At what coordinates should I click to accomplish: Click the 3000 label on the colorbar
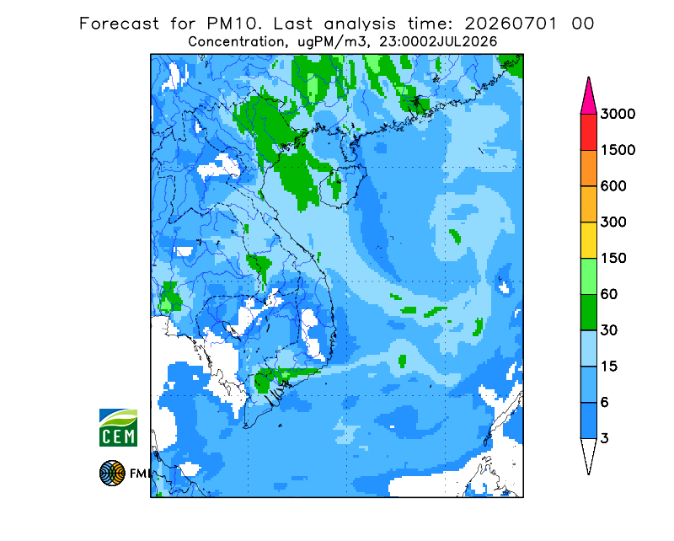pos(618,114)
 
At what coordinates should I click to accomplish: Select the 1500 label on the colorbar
pos(618,150)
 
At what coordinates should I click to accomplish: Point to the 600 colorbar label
pos(613,186)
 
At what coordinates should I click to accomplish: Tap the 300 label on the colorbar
pos(613,222)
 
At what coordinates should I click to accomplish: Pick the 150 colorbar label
pos(613,259)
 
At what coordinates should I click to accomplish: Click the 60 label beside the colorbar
pos(609,295)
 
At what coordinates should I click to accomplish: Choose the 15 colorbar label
pos(609,367)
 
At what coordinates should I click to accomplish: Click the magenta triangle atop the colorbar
pos(588,97)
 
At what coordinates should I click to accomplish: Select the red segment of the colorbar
pos(588,132)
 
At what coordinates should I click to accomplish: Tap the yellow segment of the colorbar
pos(588,240)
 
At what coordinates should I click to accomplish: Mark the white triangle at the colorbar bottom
pos(588,455)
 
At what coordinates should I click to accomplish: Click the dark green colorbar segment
pos(588,313)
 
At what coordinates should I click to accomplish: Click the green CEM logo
pos(118,427)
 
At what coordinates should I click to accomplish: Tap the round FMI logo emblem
pos(112,473)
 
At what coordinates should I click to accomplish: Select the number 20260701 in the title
pos(511,24)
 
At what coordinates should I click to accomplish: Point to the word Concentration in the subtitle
pos(237,42)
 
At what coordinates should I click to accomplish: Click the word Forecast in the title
pos(119,24)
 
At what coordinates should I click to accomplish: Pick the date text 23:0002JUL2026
pos(438,42)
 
